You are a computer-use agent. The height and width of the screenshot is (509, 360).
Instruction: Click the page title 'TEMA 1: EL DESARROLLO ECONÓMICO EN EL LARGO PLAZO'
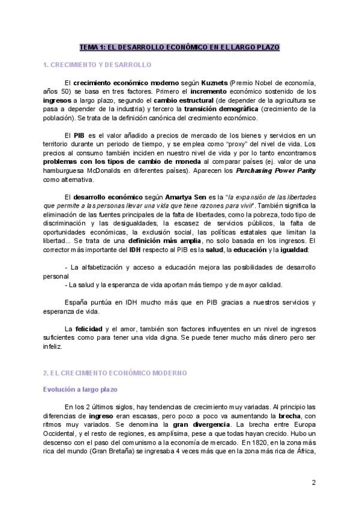click(179, 47)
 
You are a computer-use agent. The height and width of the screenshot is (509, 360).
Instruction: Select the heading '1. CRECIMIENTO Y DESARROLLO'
click(97, 64)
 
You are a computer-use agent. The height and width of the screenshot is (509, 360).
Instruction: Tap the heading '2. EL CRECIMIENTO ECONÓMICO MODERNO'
click(115, 373)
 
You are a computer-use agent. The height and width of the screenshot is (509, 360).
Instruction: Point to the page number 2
click(313, 482)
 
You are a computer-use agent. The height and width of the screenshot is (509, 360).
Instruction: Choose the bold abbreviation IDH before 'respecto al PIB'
click(134, 248)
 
